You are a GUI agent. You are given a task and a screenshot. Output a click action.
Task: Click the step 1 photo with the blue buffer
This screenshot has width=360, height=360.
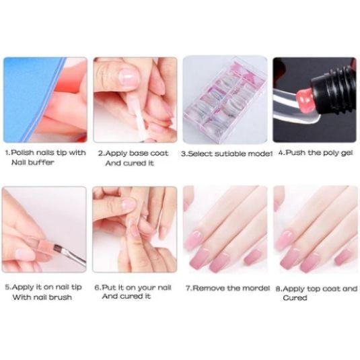point(45,99)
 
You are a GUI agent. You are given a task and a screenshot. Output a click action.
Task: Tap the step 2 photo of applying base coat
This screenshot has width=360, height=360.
point(135,99)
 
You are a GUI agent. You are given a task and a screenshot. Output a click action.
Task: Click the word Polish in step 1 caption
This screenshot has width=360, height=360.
point(26,153)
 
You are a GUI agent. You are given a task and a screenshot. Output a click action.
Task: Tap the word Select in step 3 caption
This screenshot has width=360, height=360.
point(203,153)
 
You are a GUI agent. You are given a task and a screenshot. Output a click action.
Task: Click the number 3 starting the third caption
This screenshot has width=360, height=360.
point(184,153)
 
